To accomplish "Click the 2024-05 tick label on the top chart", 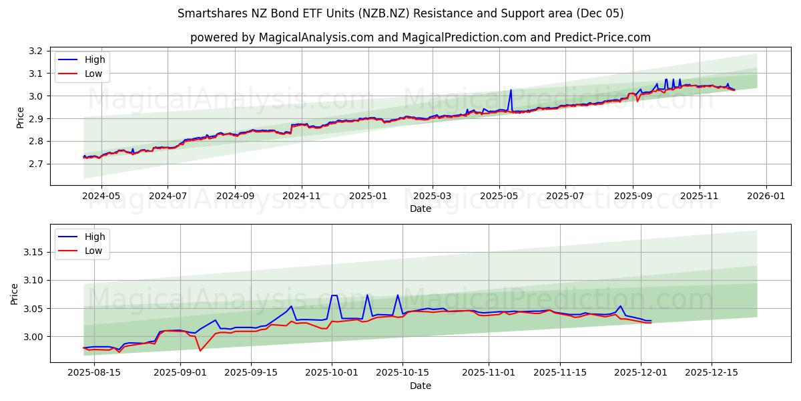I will coord(101,197).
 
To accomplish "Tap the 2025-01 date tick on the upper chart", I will coord(368,197).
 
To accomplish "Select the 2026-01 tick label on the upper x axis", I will coord(765,197).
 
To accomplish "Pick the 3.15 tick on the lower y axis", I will coord(33,253).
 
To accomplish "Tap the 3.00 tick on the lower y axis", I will coord(33,337).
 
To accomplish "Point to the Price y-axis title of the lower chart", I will coord(15,293).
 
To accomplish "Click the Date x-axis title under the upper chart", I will coord(421,209).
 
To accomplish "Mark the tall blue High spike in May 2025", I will coord(511,90).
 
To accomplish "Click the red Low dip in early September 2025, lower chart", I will coord(200,350).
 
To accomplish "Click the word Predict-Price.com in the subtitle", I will coord(602,37).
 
